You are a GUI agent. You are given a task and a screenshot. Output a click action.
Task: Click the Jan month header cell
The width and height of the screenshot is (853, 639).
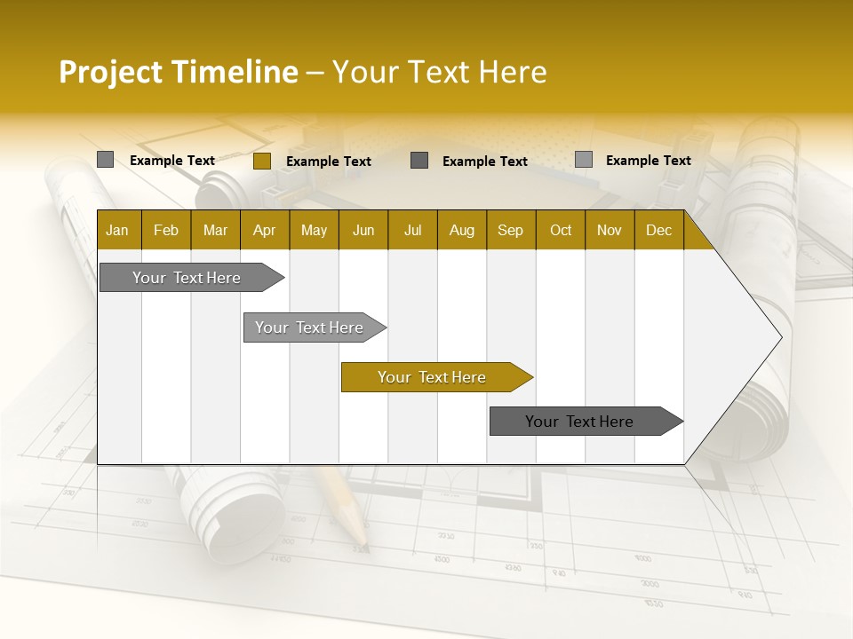(118, 230)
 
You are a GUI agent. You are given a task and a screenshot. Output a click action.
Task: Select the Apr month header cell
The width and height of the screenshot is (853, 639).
(265, 230)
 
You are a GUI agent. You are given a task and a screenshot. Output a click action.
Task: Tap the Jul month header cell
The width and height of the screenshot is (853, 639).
(412, 230)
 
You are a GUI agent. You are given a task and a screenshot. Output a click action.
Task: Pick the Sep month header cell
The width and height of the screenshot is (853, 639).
(511, 230)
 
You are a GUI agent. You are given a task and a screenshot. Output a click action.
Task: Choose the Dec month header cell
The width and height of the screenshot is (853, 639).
(658, 230)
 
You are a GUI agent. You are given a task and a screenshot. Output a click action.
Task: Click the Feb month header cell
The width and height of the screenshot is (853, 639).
(166, 230)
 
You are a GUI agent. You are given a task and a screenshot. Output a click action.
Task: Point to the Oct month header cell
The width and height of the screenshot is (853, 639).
(561, 230)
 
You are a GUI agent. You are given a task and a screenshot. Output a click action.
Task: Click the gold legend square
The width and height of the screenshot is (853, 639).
(261, 161)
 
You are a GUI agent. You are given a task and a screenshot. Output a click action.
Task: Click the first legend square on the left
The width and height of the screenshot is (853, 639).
(105, 160)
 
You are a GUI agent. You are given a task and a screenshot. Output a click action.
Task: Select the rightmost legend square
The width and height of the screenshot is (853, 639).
(583, 160)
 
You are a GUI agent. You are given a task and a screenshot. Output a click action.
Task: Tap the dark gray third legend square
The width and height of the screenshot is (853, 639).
(419, 160)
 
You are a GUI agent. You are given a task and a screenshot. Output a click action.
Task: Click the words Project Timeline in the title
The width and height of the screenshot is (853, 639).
(178, 72)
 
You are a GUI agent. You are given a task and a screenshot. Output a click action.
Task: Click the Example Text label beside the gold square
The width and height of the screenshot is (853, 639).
(329, 162)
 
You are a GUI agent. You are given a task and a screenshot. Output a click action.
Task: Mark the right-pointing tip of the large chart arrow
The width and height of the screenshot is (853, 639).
(780, 337)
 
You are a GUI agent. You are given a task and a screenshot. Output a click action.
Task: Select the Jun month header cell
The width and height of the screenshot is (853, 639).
(363, 230)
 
